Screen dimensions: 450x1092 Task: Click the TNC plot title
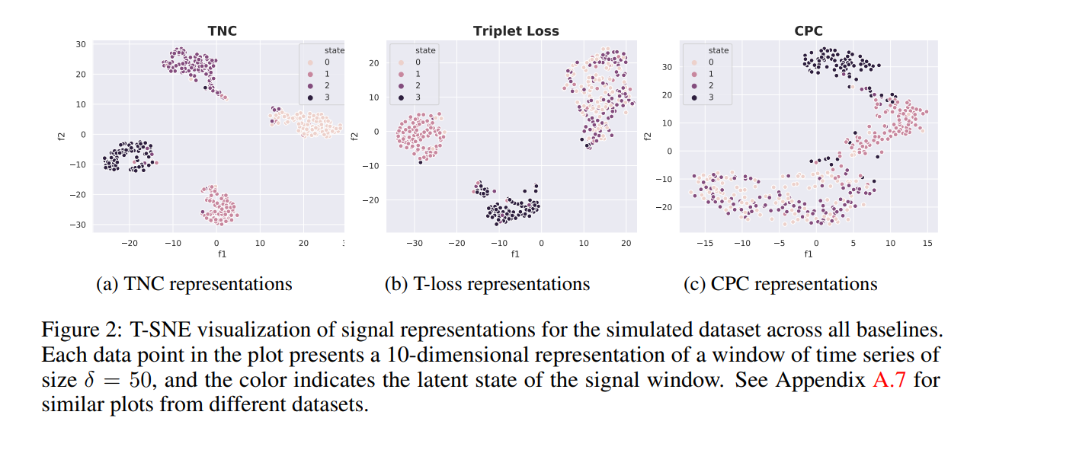click(223, 31)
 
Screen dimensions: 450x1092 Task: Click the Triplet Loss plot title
click(516, 31)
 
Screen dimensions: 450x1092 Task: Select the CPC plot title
click(809, 31)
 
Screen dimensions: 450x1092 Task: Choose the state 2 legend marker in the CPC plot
click(694, 85)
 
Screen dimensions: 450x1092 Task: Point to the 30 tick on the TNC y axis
click(80, 44)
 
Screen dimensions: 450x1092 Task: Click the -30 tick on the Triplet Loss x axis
click(414, 243)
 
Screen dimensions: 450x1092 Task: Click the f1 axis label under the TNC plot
click(222, 254)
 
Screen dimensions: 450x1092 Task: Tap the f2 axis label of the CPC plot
click(648, 136)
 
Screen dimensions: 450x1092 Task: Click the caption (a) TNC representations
click(194, 284)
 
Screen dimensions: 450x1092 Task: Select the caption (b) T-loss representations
click(487, 284)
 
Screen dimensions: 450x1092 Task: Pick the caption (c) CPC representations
click(780, 284)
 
